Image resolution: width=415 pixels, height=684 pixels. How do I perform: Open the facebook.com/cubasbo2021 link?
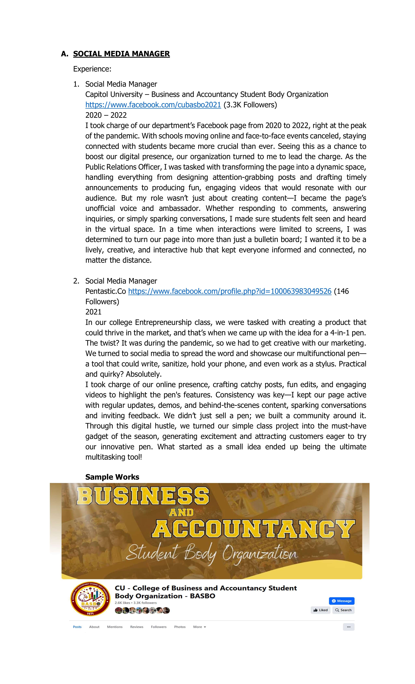[x=153, y=105]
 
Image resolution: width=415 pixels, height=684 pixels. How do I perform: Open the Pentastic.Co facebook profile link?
[x=229, y=291]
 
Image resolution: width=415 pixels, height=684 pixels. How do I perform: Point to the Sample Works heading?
[x=112, y=477]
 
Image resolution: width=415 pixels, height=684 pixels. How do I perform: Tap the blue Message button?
[x=341, y=601]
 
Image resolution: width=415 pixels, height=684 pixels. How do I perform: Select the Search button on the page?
[x=343, y=610]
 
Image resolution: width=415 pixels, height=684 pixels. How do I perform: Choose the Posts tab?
[x=77, y=627]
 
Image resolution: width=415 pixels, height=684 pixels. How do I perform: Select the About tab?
[x=94, y=627]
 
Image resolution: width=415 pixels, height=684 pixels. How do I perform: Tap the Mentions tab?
[x=115, y=627]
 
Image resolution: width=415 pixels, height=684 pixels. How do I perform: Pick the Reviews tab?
[x=137, y=627]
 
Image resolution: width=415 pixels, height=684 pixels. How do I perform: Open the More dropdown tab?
[x=200, y=627]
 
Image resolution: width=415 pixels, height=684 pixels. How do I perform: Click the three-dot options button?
[x=348, y=627]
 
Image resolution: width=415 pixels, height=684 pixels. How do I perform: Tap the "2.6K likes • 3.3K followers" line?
[x=136, y=603]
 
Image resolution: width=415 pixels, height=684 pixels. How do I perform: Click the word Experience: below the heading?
[x=92, y=69]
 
